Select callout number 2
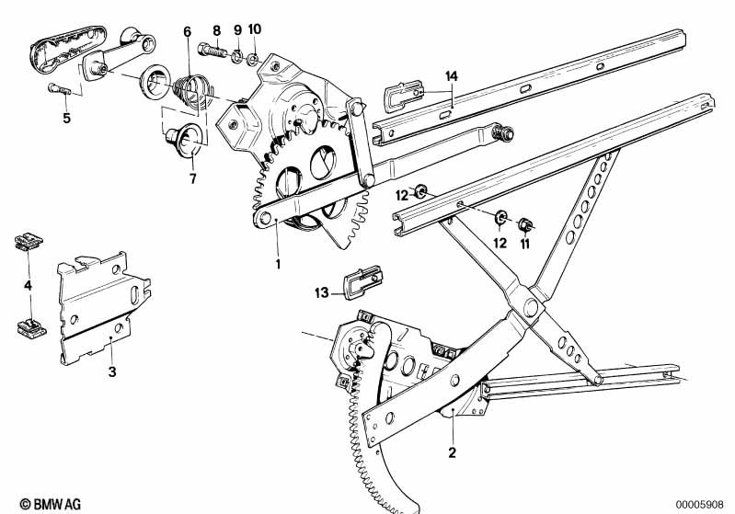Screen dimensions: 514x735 click(452, 451)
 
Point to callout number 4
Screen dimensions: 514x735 click(28, 286)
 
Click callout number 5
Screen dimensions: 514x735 click(66, 118)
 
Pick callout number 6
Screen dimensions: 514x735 click(188, 31)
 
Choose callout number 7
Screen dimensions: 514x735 click(193, 178)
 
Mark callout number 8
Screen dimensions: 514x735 click(217, 31)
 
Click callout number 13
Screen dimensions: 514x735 click(321, 293)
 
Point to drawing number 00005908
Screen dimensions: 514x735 click(703, 504)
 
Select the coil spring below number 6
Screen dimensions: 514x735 click(190, 89)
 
